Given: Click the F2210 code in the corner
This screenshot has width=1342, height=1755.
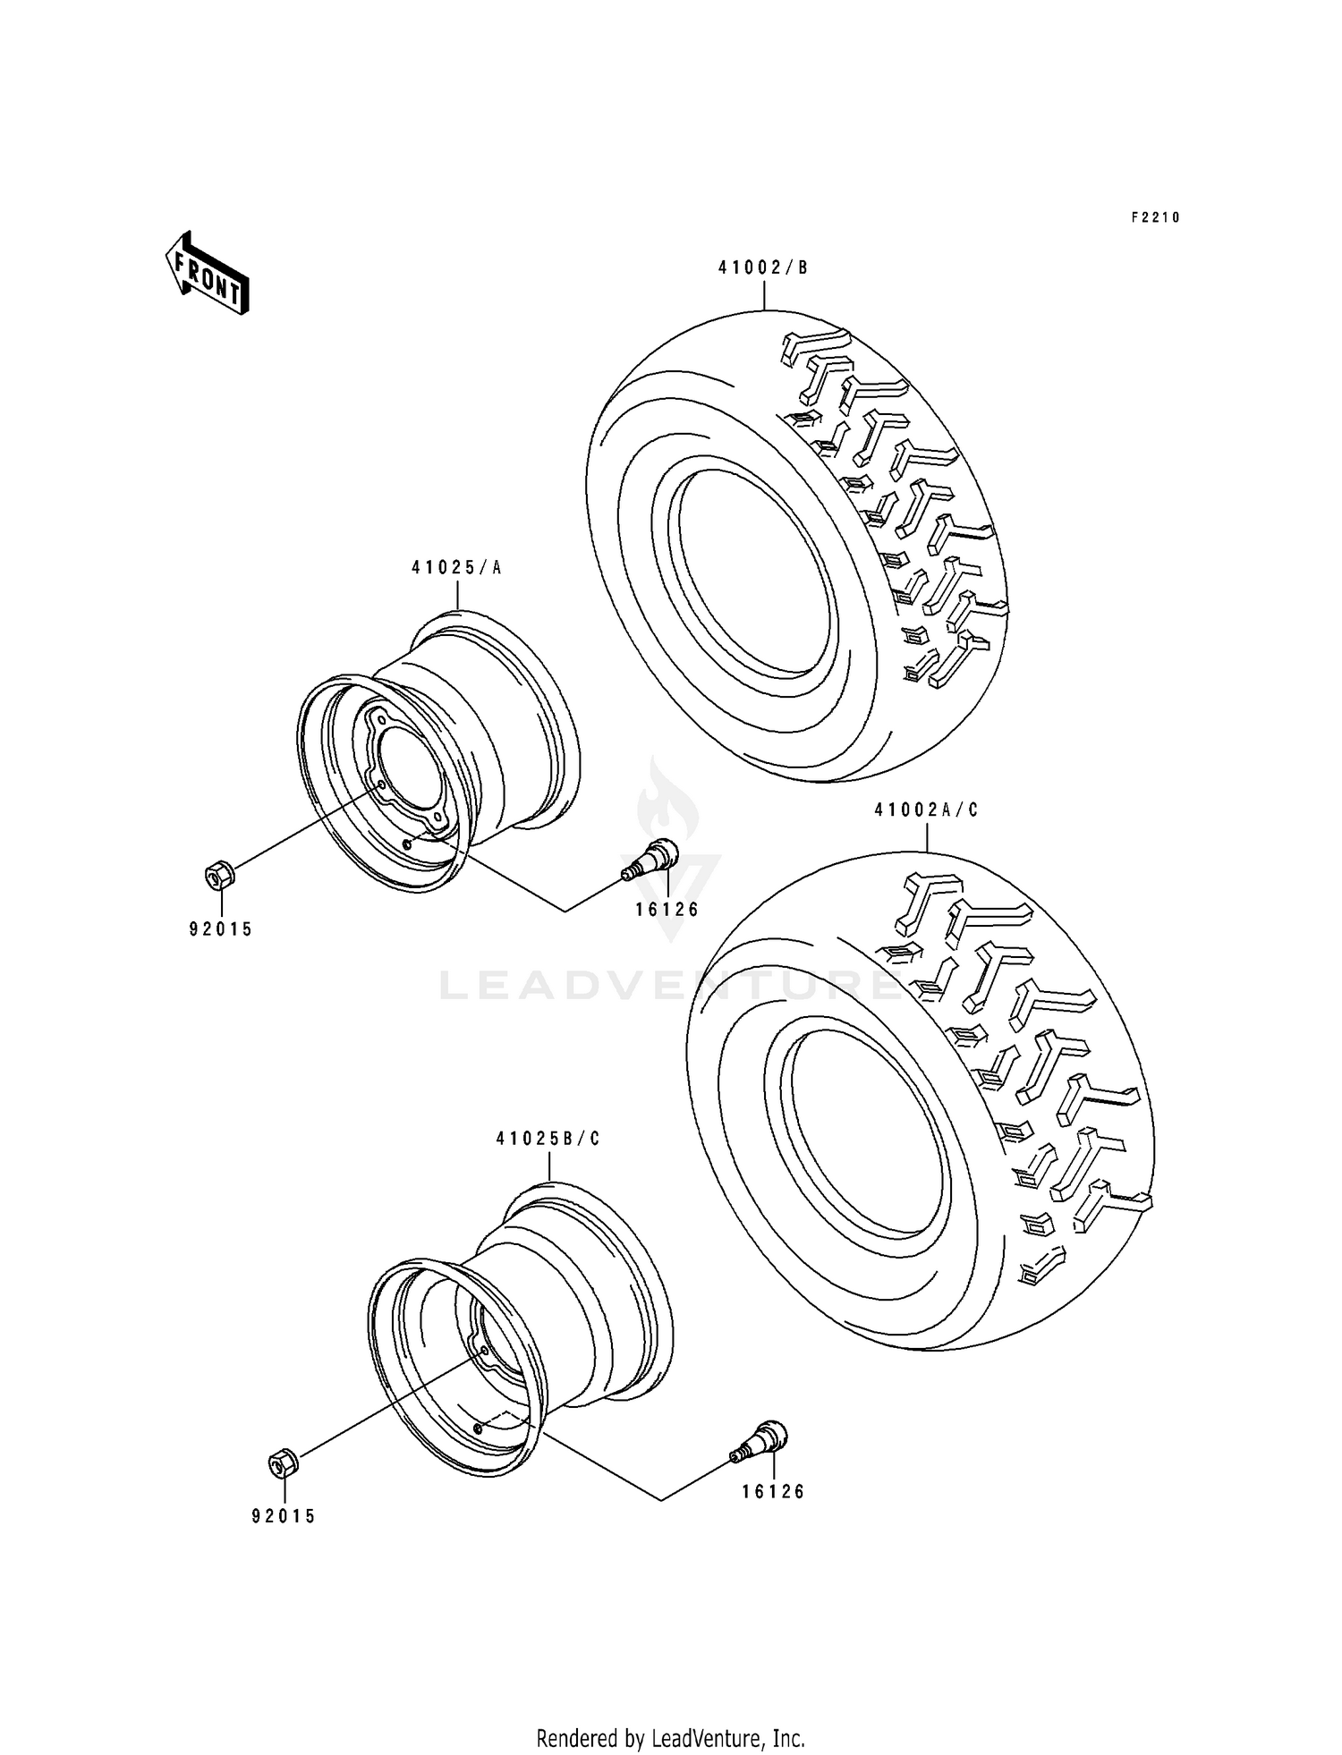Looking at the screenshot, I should point(1155,217).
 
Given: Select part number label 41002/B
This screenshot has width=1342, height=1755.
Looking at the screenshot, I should point(763,267).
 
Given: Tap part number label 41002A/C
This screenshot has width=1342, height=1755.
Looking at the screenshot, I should point(926,810).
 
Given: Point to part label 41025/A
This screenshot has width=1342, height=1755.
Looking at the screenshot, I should point(457,567).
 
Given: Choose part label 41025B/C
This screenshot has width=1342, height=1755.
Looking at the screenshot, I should point(548,1140).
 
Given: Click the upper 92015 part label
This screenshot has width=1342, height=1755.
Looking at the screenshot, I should point(220,929).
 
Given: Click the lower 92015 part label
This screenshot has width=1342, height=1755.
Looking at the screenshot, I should point(284,1517).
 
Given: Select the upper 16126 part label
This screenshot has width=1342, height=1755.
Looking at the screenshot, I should point(667,911).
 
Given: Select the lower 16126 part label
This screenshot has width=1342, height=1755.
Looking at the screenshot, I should point(773,1492).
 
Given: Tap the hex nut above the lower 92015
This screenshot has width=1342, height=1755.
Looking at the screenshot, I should point(284,1462).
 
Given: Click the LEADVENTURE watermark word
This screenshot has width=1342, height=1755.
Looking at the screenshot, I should point(671,987).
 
